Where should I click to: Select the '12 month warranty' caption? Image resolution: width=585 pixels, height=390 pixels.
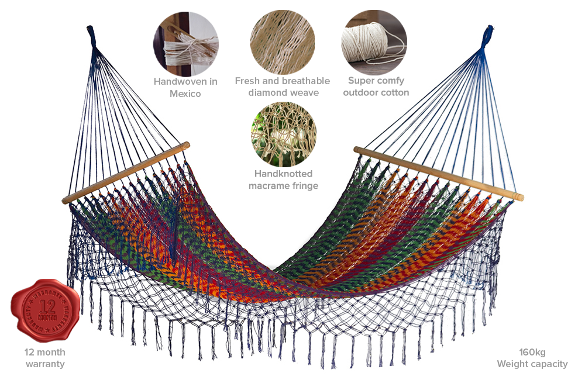tap(45, 358)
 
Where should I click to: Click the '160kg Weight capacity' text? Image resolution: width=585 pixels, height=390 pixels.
tap(532, 358)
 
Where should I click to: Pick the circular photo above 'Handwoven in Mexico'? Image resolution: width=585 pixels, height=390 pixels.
tap(185, 42)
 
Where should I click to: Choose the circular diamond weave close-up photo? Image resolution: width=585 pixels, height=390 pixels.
tap(283, 42)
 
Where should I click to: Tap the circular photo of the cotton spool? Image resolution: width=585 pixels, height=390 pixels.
tap(374, 42)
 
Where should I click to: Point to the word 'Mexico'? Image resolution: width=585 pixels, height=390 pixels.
tap(185, 94)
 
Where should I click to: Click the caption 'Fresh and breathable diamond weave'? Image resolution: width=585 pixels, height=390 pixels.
tap(283, 87)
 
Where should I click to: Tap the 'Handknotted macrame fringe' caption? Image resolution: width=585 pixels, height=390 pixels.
tap(284, 180)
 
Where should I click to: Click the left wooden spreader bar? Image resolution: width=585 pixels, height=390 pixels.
tap(126, 172)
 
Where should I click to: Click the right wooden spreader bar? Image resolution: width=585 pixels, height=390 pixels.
tap(438, 172)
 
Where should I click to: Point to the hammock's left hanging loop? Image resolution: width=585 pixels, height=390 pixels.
tap(91, 36)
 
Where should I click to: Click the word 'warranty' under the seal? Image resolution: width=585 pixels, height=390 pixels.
tap(45, 364)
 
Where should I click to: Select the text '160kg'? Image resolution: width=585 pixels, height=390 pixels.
tap(532, 352)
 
